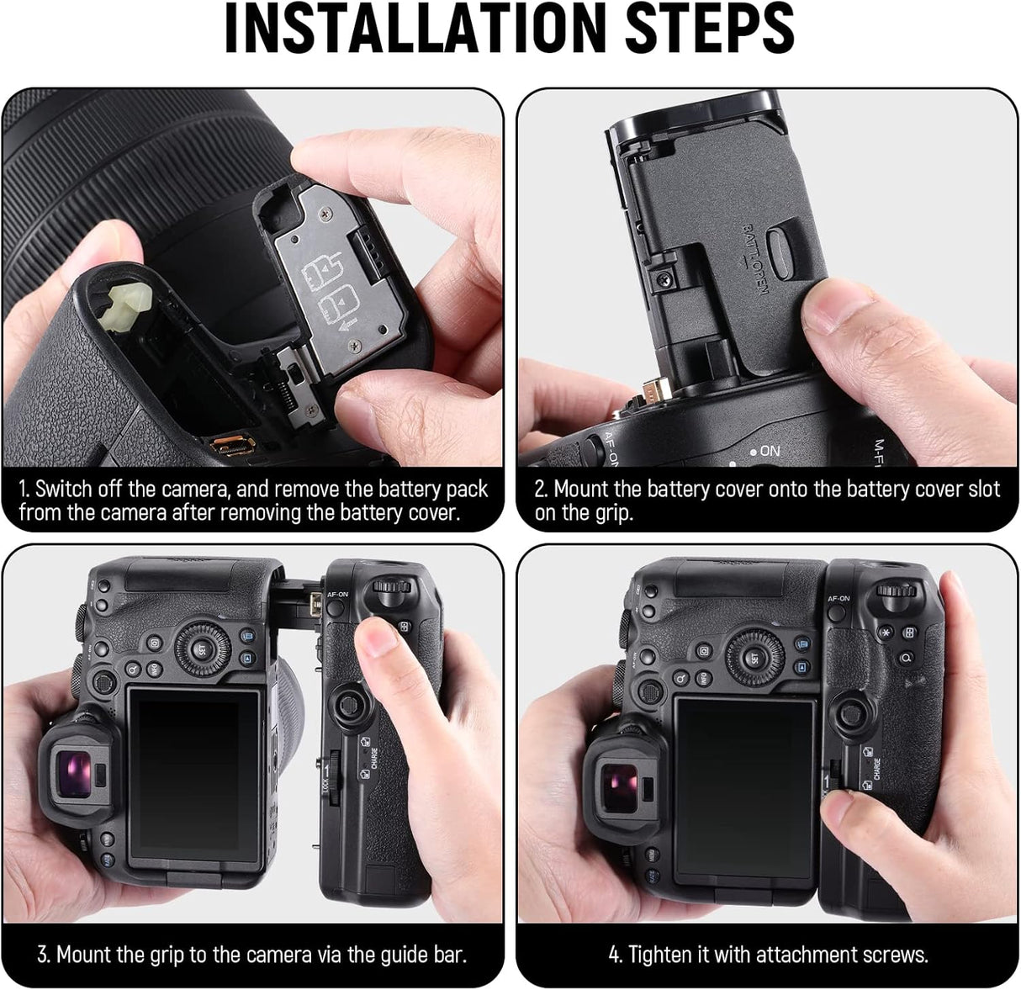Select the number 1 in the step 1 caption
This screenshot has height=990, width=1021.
24,489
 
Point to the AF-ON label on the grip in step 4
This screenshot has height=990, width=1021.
838,598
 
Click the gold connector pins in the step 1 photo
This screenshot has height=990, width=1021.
226,444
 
